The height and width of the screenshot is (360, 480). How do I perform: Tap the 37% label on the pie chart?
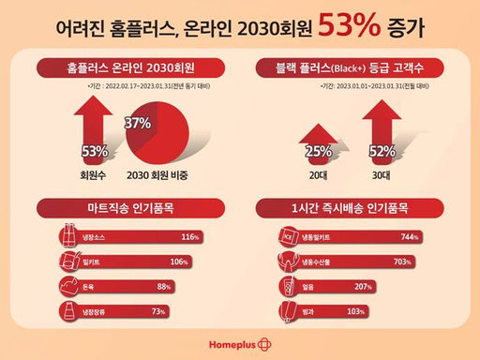[x=139, y=123]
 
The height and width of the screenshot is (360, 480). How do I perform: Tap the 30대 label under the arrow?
[x=382, y=174]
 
